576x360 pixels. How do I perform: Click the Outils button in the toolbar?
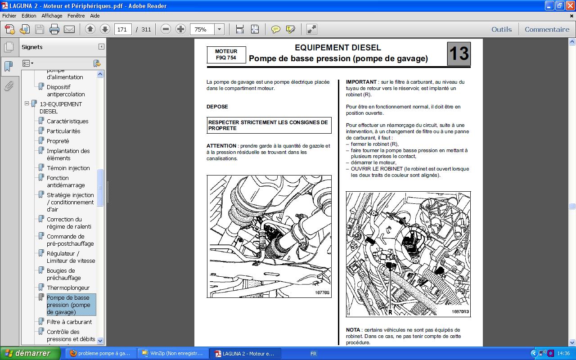(501, 29)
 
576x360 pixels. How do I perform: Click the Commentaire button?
(547, 29)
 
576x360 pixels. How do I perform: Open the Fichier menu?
(9, 15)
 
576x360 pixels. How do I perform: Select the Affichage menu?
(52, 15)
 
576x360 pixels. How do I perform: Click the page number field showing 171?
(123, 29)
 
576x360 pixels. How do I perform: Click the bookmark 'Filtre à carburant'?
(69, 322)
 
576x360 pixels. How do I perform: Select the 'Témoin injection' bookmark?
(68, 168)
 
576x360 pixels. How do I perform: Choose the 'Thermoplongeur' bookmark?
(68, 288)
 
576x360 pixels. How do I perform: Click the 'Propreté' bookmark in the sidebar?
(58, 141)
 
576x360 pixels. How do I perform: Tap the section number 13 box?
(459, 54)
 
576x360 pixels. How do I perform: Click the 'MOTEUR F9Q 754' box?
(226, 54)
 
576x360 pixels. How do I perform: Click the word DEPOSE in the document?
(217, 107)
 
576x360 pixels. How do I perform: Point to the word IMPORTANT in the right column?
(361, 82)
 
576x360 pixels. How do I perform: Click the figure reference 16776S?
(322, 292)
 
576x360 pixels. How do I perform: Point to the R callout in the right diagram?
(390, 311)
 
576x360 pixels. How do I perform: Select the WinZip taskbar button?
(172, 353)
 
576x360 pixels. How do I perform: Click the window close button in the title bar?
(570, 6)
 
